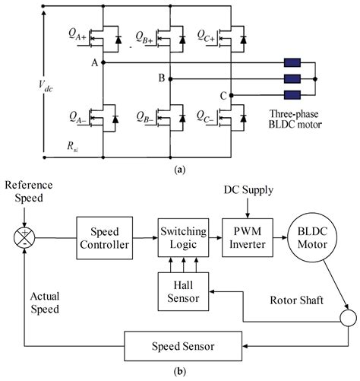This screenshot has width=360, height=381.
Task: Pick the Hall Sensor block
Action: [x=182, y=291]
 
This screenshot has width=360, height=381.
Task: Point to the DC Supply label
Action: [x=247, y=188]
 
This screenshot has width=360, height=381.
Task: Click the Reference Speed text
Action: [x=24, y=194]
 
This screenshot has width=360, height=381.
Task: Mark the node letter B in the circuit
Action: [x=160, y=78]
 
